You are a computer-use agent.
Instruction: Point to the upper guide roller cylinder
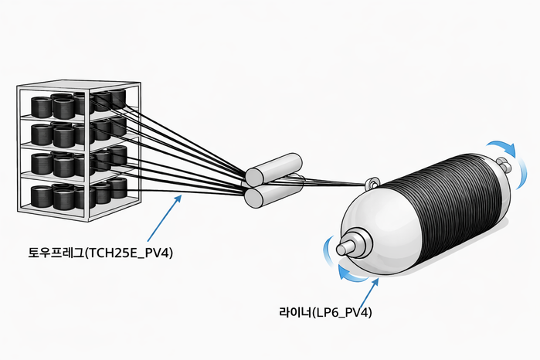point(273,167)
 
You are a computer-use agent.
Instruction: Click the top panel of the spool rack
point(77,87)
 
